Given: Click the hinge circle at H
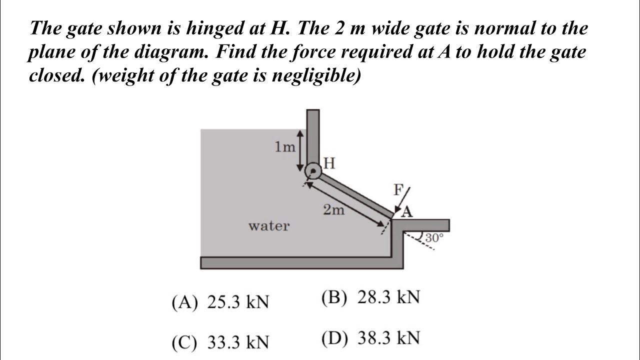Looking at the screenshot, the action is [x=313, y=171].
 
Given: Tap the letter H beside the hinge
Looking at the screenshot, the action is [x=329, y=163].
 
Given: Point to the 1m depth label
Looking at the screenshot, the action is [x=285, y=147].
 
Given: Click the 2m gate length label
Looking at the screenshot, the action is [x=333, y=210].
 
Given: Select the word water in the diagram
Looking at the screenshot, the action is [x=269, y=226].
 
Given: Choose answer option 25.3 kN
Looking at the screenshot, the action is [x=220, y=302].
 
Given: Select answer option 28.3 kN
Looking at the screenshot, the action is [x=370, y=297].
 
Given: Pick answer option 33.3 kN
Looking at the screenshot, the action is [x=220, y=342].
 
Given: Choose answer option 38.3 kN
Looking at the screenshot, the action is [x=370, y=338].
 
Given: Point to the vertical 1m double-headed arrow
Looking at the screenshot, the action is [x=299, y=150].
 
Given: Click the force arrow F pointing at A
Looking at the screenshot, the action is [x=402, y=200].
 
